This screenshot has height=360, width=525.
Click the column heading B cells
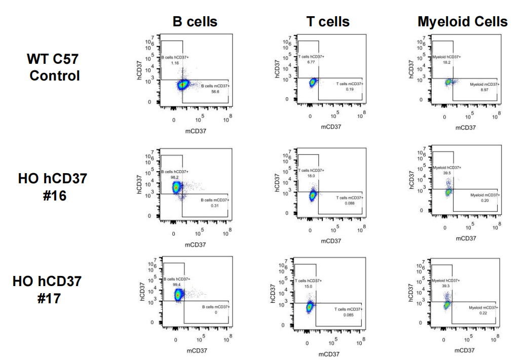tap(195, 22)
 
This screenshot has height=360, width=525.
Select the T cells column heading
tap(328, 22)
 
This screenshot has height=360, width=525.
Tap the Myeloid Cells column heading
tap(462, 22)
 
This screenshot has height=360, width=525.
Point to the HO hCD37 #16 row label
tap(53, 186)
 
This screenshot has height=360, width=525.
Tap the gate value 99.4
tap(176, 285)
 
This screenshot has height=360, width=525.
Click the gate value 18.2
tap(446, 62)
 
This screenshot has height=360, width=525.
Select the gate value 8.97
tap(484, 89)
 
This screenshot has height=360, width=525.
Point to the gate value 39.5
tap(446, 173)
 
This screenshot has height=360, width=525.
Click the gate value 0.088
tap(350, 203)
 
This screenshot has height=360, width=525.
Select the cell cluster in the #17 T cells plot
tap(310, 307)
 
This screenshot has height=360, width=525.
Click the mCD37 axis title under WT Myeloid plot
tap(465, 128)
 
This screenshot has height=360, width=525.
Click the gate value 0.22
tap(483, 313)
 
